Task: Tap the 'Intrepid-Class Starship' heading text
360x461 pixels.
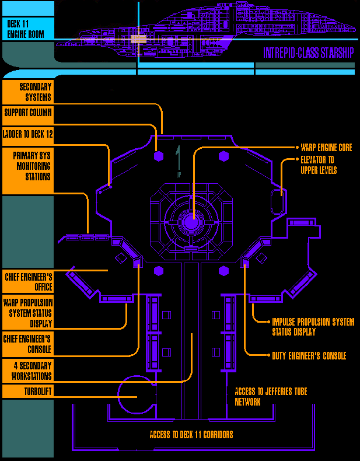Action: tap(308, 53)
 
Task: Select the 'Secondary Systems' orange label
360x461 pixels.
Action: tap(27, 92)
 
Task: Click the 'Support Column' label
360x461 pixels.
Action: tap(27, 112)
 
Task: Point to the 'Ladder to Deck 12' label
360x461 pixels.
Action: tap(27, 134)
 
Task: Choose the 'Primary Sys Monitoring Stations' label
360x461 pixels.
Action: tap(27, 166)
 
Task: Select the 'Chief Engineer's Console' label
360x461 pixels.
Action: tap(27, 344)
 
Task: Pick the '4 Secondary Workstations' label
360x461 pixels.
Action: tap(27, 371)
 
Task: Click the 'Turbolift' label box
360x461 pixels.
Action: tap(27, 391)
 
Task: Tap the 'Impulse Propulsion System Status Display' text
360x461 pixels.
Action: tap(313, 327)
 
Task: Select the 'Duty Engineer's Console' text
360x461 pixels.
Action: tap(309, 355)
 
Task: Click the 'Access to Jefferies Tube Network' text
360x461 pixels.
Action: tap(271, 396)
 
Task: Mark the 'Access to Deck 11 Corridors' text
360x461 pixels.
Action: tap(191, 435)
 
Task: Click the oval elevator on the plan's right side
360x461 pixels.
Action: tap(278, 202)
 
